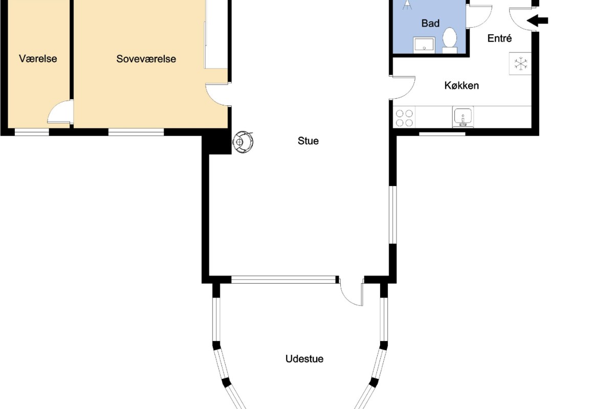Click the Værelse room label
click(x=38, y=59)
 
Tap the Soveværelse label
click(x=146, y=59)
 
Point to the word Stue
click(x=308, y=141)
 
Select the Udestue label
click(x=304, y=359)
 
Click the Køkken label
click(x=462, y=85)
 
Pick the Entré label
click(x=499, y=38)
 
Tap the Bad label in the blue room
click(x=430, y=24)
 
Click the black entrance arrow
click(x=537, y=20)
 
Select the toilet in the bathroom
click(x=450, y=40)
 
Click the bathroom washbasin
click(x=424, y=44)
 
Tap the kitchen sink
click(x=463, y=117)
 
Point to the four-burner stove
click(x=404, y=118)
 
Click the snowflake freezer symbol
click(x=520, y=64)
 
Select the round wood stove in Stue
click(x=243, y=142)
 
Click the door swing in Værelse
click(x=60, y=112)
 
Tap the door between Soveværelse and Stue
click(x=216, y=94)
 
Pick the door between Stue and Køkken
click(x=402, y=87)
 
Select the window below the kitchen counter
click(x=442, y=133)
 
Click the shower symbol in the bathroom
click(x=407, y=5)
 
